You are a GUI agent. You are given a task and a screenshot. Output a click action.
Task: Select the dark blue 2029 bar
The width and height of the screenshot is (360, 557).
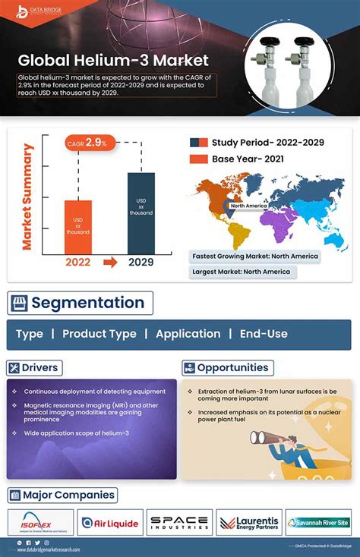tap(141, 212)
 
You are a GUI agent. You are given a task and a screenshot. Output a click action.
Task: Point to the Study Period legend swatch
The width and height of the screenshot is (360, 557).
tap(199, 142)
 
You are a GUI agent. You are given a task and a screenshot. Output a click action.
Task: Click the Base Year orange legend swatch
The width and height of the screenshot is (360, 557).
tap(199, 159)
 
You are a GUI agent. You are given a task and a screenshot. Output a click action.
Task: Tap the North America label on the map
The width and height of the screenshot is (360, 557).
tap(248, 206)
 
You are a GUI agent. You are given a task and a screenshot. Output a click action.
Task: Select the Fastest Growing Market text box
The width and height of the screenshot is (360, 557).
tap(254, 256)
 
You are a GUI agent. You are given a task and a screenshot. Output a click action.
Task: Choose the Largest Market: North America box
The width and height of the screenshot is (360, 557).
tap(242, 272)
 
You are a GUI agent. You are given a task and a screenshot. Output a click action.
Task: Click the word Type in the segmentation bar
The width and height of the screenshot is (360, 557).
tap(30, 334)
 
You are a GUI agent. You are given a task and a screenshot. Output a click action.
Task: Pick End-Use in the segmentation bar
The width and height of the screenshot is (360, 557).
tap(264, 334)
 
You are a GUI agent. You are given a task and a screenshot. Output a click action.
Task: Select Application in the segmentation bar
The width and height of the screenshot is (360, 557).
tap(188, 334)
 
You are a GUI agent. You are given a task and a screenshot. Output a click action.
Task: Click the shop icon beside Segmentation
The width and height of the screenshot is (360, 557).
tap(19, 304)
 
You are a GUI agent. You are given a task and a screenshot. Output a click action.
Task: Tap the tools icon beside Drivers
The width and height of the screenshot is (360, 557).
tap(14, 368)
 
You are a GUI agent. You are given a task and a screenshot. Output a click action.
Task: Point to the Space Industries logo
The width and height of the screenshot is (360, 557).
tap(179, 523)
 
